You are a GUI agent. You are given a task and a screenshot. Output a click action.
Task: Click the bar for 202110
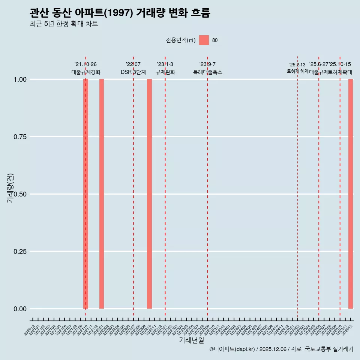point(85,194)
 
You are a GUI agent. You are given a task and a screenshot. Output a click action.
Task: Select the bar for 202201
point(102,194)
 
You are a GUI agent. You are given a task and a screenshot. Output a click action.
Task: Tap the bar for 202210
point(149,194)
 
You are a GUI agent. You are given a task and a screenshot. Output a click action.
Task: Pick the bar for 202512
point(351,194)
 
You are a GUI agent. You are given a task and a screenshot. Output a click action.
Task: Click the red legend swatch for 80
point(204,40)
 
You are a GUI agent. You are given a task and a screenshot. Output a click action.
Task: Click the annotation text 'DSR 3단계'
point(133,72)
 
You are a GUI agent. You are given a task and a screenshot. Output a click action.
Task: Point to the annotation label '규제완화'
point(165,72)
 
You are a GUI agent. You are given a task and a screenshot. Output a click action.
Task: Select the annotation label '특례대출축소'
point(208,72)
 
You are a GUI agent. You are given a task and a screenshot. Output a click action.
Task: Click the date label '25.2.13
point(297,65)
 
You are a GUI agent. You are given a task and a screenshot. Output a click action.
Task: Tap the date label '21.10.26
point(85,64)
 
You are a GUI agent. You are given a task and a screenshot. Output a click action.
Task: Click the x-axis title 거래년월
point(192,340)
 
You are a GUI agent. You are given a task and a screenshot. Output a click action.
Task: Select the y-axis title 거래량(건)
point(10,188)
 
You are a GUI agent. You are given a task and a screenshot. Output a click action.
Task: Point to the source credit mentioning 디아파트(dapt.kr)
point(281,349)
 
